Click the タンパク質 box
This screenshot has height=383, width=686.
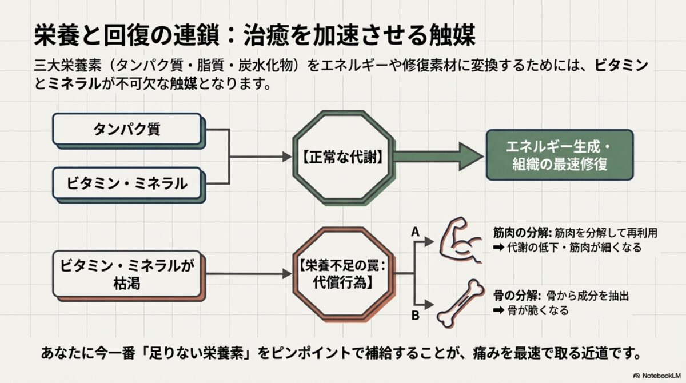tap(127, 129)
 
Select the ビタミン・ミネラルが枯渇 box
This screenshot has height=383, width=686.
tap(127, 275)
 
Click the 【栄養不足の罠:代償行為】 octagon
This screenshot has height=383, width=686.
tap(343, 273)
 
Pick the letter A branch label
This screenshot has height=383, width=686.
tap(416, 232)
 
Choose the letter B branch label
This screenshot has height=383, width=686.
tap(416, 314)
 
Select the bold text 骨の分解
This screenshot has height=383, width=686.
tap(513, 296)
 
